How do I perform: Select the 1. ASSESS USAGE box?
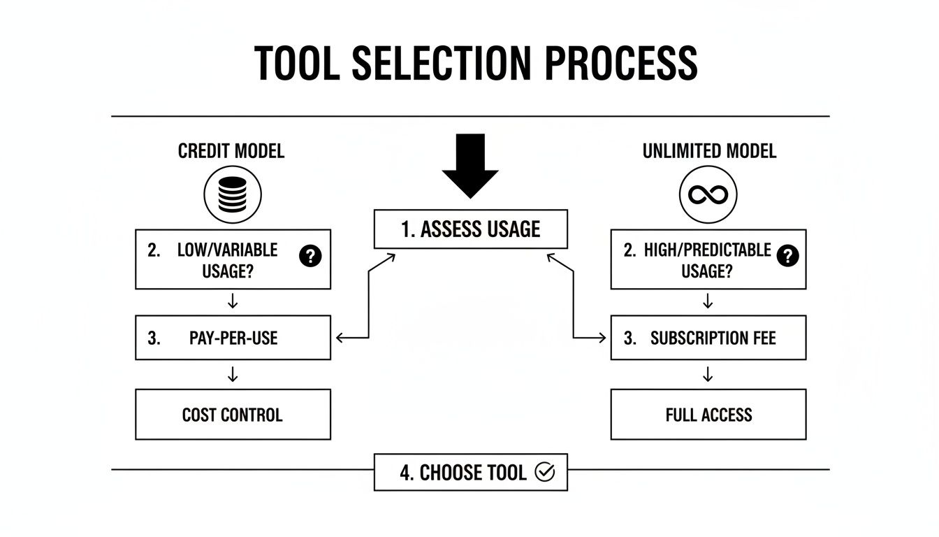pyautogui.click(x=470, y=229)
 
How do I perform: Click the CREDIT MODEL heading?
pyautogui.click(x=231, y=151)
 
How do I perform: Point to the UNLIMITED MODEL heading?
pyautogui.click(x=708, y=151)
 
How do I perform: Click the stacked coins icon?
pyautogui.click(x=233, y=194)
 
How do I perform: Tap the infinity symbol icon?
pyautogui.click(x=708, y=194)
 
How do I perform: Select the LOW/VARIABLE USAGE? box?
pyautogui.click(x=233, y=259)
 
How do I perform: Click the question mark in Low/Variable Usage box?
pyautogui.click(x=310, y=256)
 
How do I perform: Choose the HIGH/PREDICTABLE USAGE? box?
pyautogui.click(x=708, y=259)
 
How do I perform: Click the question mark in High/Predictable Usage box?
pyautogui.click(x=787, y=256)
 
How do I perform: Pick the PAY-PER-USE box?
pyautogui.click(x=233, y=338)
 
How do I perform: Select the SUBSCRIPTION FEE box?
pyautogui.click(x=708, y=338)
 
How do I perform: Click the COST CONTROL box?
pyautogui.click(x=233, y=415)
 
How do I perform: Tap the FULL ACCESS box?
pyautogui.click(x=708, y=415)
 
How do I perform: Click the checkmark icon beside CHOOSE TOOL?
pyautogui.click(x=544, y=472)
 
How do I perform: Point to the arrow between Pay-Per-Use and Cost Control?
pyautogui.click(x=233, y=375)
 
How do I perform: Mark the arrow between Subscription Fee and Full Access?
pyautogui.click(x=708, y=375)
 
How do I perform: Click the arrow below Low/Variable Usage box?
pyautogui.click(x=233, y=301)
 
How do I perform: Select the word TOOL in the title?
pyautogui.click(x=298, y=63)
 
